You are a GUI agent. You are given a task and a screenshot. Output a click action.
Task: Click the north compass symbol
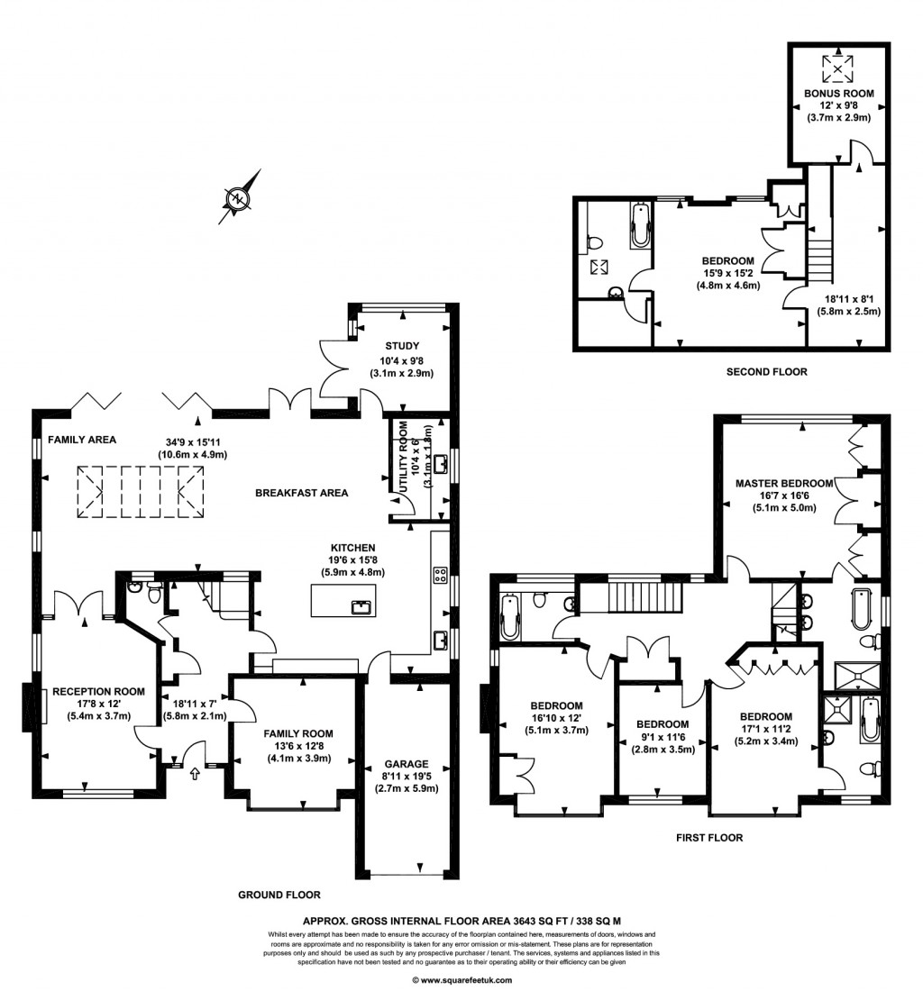238,196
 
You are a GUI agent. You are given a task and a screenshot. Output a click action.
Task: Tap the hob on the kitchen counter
442,574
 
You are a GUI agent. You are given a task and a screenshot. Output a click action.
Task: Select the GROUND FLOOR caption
279,895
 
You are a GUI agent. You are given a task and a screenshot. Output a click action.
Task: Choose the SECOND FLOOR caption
766,371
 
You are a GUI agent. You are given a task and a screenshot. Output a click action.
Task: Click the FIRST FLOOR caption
709,837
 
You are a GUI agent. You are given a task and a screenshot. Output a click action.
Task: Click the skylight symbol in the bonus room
838,68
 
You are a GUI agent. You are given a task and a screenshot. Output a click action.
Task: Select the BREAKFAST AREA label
301,493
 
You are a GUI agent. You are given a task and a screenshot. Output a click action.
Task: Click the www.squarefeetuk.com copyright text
461,979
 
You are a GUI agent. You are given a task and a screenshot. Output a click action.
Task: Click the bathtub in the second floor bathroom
639,225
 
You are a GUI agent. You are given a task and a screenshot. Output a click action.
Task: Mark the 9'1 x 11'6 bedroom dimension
662,736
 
